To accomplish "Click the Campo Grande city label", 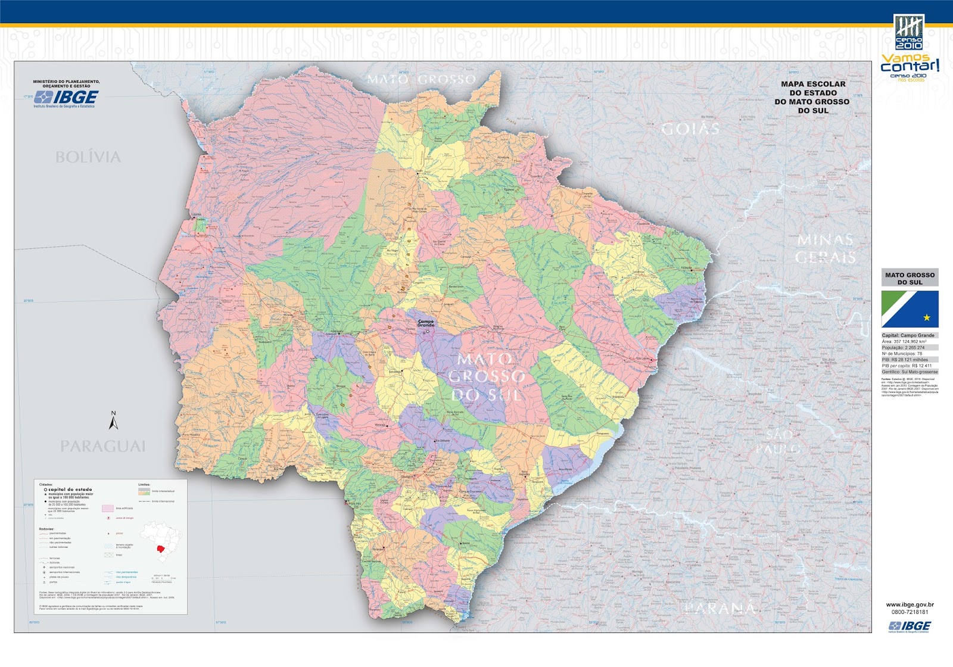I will point(426,323).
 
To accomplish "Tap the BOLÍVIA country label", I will point(88,157).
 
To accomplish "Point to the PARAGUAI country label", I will point(103,446).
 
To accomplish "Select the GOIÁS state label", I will point(690,129).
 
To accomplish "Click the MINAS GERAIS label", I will point(826,249).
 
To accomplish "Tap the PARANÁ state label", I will point(720,608).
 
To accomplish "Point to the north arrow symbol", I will point(113,420).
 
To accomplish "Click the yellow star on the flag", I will point(927,317).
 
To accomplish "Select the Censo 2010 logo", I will point(909,32).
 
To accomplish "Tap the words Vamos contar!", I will point(910,63).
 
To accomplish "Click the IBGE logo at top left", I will point(66,97).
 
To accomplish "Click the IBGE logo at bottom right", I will point(910,626).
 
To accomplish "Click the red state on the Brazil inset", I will point(160,548).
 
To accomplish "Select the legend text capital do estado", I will point(70,490).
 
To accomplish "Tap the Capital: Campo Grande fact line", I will point(908,335).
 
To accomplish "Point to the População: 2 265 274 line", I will point(904,347).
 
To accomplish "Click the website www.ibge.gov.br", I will point(910,604).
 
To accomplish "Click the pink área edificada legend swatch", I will point(107,509).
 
